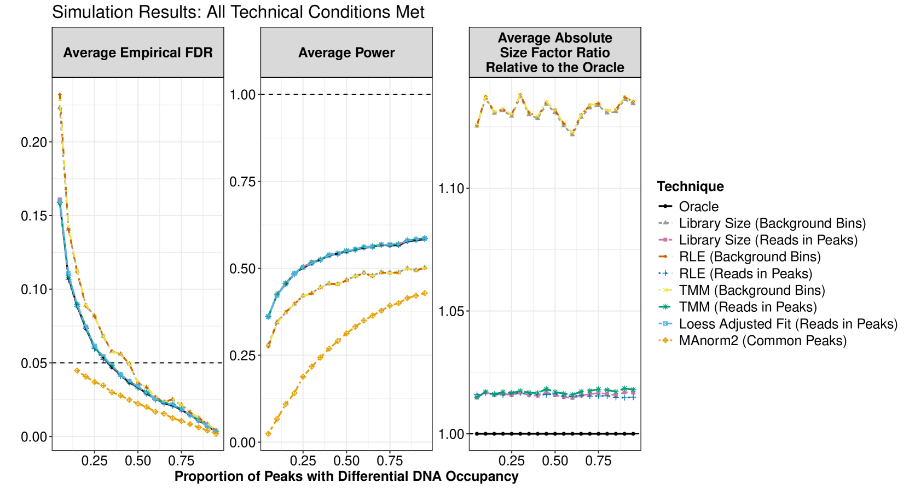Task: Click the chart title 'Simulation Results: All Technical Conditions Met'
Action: point(238,12)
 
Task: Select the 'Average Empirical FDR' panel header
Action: point(138,53)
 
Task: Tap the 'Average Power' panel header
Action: point(346,53)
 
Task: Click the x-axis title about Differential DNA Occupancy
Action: point(346,476)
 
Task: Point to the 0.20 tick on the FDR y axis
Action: point(34,142)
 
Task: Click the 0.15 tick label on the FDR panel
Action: point(34,216)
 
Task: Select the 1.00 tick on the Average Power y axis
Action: point(242,95)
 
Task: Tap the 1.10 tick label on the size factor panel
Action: point(451,189)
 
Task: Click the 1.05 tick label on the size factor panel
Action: point(451,311)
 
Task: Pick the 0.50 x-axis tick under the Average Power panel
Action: point(346,461)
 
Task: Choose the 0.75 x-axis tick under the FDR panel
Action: point(181,461)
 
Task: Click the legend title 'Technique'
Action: point(690,187)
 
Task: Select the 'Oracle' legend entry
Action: point(699,207)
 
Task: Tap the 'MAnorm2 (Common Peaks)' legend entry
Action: point(762,341)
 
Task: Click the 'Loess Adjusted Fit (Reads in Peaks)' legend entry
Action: point(788,324)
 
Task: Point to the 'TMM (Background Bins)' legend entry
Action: point(751,290)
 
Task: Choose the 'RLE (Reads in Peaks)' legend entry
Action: point(745,273)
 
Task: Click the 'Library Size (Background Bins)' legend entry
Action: point(772,223)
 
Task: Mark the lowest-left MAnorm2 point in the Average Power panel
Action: point(268,434)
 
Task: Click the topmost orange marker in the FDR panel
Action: point(60,96)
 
